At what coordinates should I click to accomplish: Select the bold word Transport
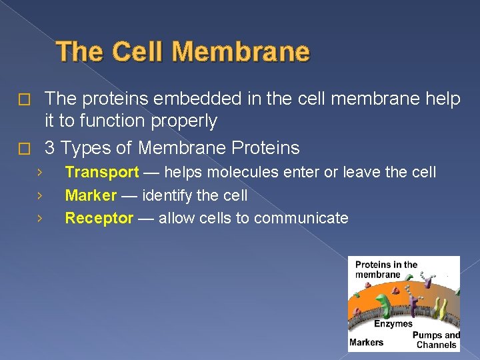[x=101, y=173]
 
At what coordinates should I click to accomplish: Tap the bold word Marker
[x=91, y=195]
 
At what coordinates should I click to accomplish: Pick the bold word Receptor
[x=99, y=218]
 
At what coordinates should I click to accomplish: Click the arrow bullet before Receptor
[x=40, y=218]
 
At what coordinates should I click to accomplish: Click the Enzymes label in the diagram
[x=393, y=324]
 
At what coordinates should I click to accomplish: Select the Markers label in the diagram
[x=367, y=342]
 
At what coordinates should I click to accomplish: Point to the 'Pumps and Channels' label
[x=436, y=340]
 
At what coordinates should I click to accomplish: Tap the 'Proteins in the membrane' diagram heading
[x=386, y=269]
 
